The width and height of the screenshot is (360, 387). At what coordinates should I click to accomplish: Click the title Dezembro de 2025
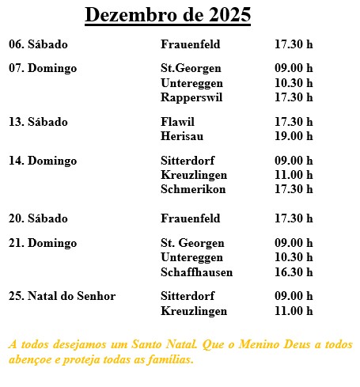click(x=168, y=15)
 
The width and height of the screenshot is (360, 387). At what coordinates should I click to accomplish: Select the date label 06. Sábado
click(x=38, y=44)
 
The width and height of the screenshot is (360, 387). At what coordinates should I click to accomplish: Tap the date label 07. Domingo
click(x=43, y=68)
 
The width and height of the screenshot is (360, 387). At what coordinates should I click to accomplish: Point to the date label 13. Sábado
click(x=38, y=122)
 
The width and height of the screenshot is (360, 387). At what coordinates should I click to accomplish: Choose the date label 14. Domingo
click(x=43, y=161)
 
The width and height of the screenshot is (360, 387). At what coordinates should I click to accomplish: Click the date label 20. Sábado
click(x=38, y=218)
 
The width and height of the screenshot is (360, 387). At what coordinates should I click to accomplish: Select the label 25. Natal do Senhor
click(x=62, y=297)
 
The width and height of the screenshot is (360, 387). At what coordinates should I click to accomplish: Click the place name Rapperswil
click(x=191, y=97)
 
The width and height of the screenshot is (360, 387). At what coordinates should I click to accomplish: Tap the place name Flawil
click(x=177, y=122)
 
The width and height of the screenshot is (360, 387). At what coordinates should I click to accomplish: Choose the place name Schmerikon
click(x=192, y=189)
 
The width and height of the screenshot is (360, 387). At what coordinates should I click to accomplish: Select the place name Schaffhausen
click(x=196, y=272)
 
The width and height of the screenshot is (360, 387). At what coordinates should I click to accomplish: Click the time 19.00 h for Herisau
click(x=294, y=136)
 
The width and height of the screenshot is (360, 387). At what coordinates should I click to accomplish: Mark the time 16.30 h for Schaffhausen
click(x=294, y=272)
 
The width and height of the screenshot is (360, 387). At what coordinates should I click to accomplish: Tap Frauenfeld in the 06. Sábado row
click(x=190, y=44)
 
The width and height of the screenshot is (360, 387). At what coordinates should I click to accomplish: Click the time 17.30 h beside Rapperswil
click(x=294, y=97)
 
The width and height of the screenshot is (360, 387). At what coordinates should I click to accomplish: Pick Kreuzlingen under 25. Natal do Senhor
click(x=193, y=311)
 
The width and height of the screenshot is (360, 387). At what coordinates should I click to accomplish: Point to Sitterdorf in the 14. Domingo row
click(x=188, y=161)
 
